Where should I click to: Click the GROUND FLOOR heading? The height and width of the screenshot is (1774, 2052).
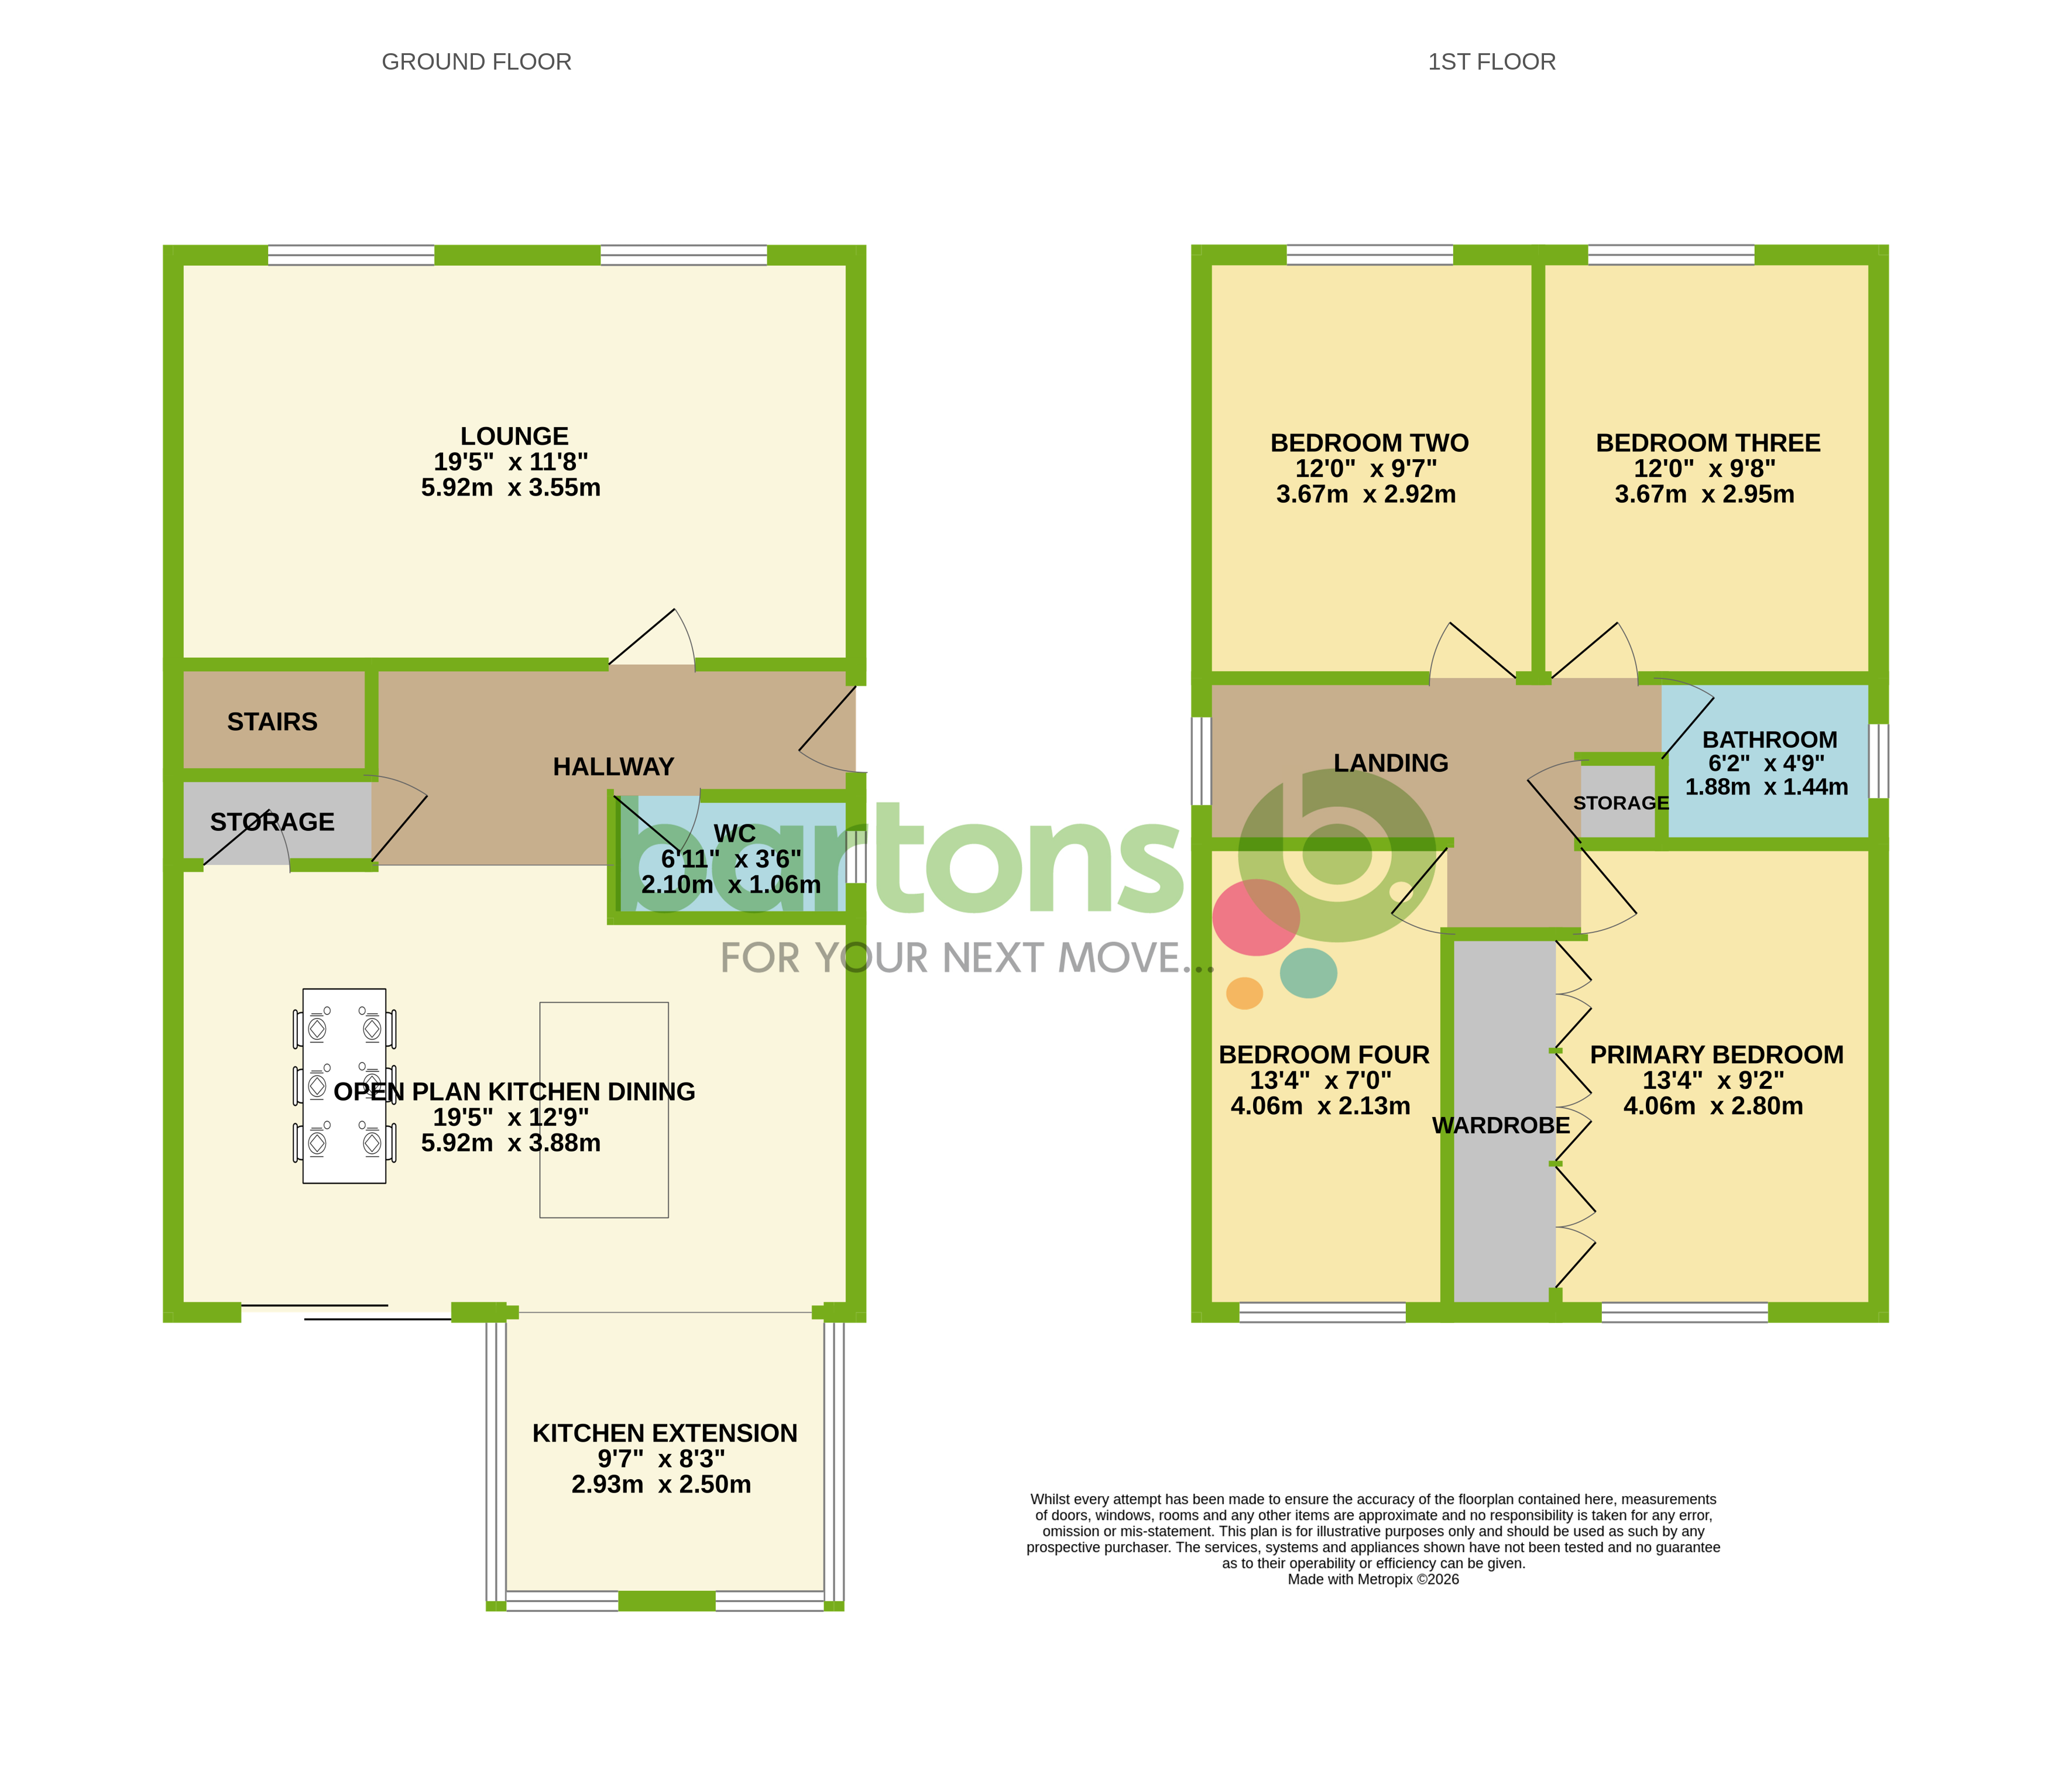[476, 63]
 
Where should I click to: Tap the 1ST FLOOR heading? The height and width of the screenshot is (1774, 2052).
[1491, 63]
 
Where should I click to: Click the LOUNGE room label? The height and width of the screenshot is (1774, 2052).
[514, 436]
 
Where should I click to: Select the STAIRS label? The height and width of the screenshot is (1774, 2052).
[272, 721]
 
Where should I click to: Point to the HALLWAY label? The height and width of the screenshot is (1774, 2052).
[613, 767]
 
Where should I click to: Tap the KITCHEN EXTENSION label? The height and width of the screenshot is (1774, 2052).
[664, 1433]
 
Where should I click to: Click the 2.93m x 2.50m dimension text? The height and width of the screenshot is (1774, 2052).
[661, 1485]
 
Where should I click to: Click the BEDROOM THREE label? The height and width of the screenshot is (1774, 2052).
[1707, 443]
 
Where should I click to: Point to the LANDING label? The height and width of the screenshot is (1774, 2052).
[1391, 764]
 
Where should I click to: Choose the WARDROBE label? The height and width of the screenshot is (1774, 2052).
[1501, 1126]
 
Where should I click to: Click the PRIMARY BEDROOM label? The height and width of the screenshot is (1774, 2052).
[1716, 1056]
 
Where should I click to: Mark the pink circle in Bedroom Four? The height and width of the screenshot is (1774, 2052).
[1256, 917]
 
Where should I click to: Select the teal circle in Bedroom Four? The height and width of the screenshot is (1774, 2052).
[1308, 973]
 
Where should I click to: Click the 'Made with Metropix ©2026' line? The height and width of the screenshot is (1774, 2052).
[1372, 1579]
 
